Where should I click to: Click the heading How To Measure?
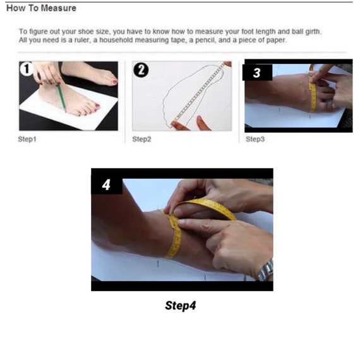click(x=41, y=8)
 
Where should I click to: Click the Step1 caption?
click(x=27, y=139)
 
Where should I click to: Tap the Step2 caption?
click(x=141, y=139)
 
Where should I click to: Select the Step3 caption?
click(x=255, y=139)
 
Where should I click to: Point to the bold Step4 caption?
click(x=181, y=306)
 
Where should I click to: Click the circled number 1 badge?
click(x=26, y=68)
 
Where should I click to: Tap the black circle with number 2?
click(x=141, y=70)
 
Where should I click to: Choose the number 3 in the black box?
click(x=256, y=73)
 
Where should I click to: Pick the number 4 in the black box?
click(x=106, y=185)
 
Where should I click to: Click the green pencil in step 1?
click(x=61, y=97)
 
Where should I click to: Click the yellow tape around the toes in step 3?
click(x=312, y=90)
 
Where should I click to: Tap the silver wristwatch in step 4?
click(x=267, y=270)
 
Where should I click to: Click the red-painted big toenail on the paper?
click(x=97, y=105)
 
